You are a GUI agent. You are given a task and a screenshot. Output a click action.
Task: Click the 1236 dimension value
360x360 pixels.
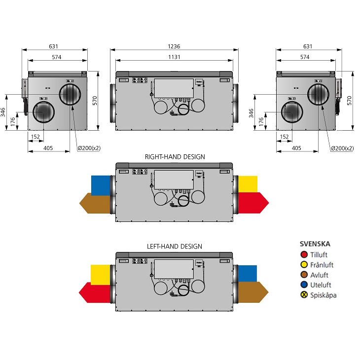tap(173, 46)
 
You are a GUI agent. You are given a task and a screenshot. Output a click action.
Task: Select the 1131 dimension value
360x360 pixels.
tap(173, 57)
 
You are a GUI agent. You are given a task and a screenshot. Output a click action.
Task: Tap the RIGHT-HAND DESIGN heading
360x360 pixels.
tap(175, 157)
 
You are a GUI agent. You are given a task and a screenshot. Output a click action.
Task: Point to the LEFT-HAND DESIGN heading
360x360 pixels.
tap(174, 246)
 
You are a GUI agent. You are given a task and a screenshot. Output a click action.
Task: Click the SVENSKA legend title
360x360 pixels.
tap(315, 244)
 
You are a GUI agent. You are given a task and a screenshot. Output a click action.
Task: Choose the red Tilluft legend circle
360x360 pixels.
tap(304, 255)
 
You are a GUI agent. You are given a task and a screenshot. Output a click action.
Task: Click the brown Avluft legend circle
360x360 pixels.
tap(304, 275)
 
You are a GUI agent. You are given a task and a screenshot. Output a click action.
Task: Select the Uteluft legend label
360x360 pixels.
tap(321, 285)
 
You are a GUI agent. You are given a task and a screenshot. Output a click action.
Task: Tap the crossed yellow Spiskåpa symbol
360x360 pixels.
tap(304, 295)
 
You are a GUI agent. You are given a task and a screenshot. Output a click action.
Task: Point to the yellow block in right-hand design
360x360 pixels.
tap(248, 184)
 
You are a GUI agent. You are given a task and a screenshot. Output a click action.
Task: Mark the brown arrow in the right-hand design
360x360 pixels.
tap(95, 201)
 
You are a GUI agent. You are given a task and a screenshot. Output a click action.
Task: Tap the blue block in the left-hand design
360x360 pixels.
tap(248, 273)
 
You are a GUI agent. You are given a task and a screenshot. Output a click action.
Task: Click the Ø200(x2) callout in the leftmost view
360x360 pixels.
tap(90, 148)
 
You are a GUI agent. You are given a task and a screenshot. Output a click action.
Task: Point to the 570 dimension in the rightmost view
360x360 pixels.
tap(350, 100)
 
